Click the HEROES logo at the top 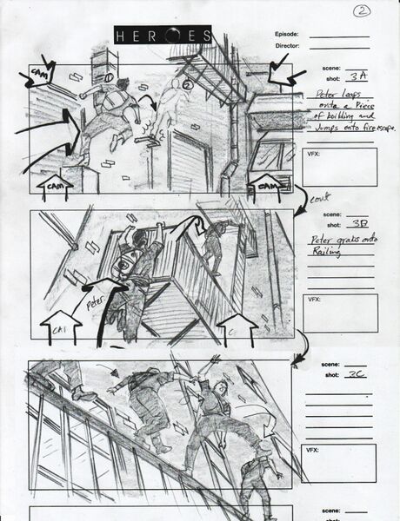point(163,36)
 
